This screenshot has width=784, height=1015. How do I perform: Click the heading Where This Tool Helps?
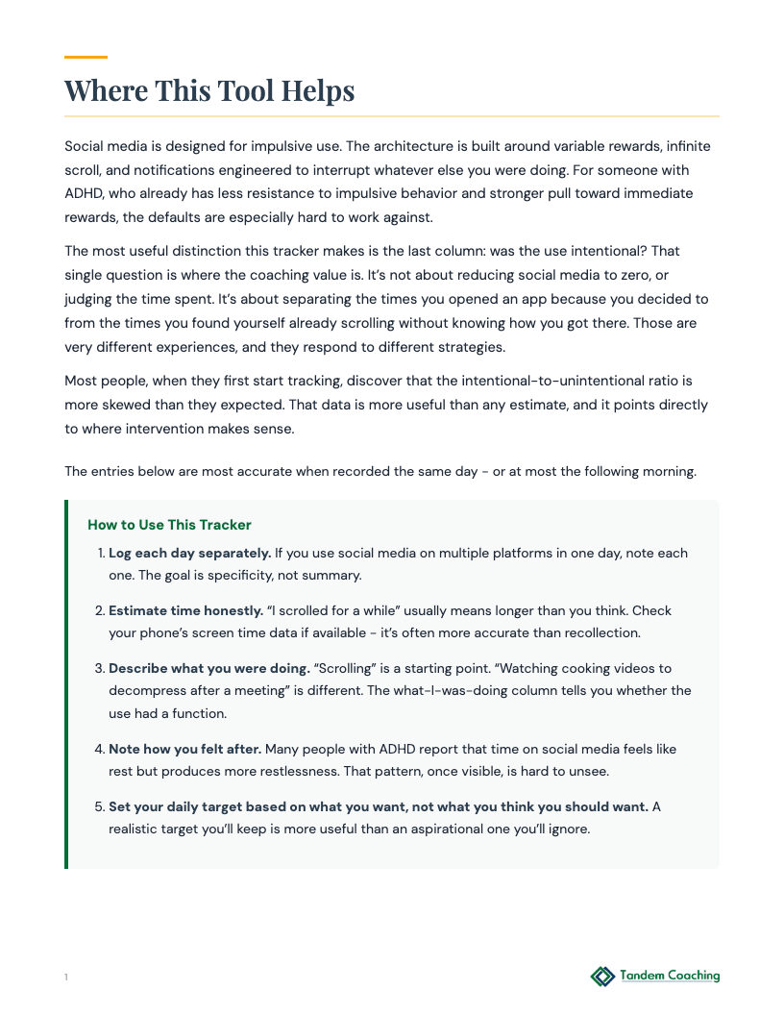click(209, 90)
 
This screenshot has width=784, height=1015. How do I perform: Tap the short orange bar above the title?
click(86, 58)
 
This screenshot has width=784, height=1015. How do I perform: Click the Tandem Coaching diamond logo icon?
click(602, 977)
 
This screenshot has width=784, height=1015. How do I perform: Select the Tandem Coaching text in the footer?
click(670, 976)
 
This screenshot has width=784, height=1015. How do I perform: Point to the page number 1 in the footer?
click(66, 978)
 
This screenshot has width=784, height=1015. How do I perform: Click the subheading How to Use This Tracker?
click(169, 525)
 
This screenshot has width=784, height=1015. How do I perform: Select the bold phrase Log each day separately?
click(189, 553)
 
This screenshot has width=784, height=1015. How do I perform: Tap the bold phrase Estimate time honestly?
click(185, 610)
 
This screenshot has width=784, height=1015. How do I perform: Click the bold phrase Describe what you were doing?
click(208, 667)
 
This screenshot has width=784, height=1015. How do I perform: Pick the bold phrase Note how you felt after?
click(184, 748)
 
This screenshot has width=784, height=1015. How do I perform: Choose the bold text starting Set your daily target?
click(379, 805)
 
